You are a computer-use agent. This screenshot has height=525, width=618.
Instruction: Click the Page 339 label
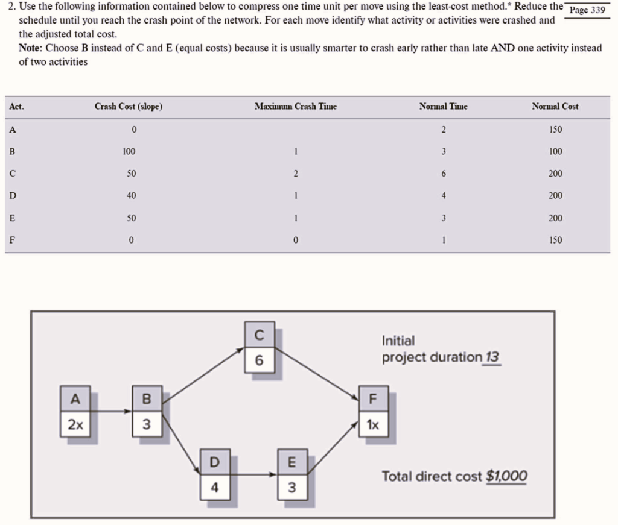click(x=587, y=10)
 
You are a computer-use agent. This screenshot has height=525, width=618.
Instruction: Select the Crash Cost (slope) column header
click(x=129, y=106)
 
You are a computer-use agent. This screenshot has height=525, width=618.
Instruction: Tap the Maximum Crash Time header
click(x=296, y=106)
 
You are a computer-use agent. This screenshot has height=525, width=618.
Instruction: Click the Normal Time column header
click(x=444, y=106)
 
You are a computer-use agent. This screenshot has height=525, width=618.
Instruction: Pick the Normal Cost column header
click(x=555, y=106)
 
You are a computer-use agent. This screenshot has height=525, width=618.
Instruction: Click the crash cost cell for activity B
click(x=129, y=151)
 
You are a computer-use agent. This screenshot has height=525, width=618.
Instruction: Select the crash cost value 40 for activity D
click(x=131, y=196)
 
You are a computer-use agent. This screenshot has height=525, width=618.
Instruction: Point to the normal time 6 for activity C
click(x=444, y=174)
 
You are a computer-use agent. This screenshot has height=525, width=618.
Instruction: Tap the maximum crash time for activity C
click(x=296, y=174)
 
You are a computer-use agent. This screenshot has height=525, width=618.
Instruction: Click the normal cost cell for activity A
click(x=555, y=130)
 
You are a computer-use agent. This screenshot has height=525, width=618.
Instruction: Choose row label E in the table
click(x=12, y=218)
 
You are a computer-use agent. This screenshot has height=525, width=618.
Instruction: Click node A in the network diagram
click(x=75, y=398)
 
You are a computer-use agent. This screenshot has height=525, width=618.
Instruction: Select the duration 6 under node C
click(x=260, y=360)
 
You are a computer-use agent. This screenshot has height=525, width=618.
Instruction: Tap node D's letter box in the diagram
click(x=215, y=462)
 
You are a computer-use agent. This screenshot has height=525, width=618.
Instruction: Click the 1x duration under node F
click(x=373, y=425)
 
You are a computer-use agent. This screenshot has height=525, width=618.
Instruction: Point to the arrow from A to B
click(x=111, y=412)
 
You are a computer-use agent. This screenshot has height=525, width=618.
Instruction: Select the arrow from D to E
click(x=253, y=474)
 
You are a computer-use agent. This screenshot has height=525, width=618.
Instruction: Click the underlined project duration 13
click(x=492, y=357)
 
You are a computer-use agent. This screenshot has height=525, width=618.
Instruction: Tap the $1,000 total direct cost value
click(x=506, y=476)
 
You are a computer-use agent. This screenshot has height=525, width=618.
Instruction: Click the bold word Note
click(x=30, y=48)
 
